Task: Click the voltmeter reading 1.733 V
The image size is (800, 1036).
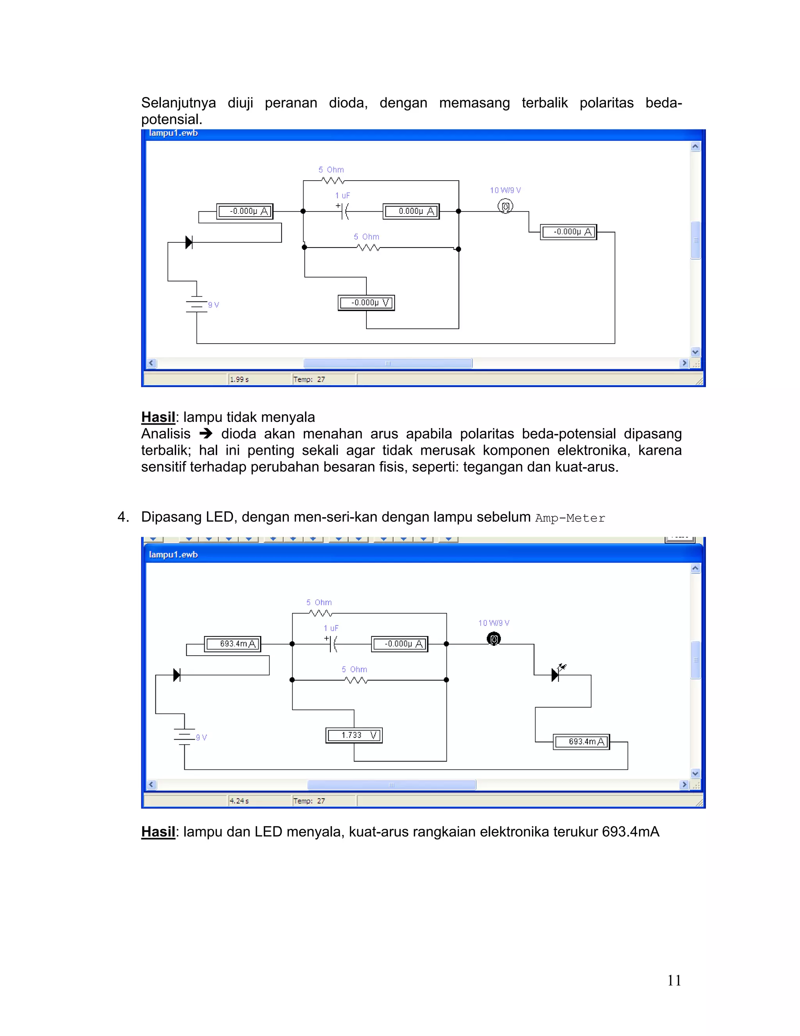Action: coord(354,735)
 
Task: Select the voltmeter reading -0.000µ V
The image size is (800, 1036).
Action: coord(366,303)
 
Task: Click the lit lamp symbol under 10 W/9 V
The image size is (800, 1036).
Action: coord(494,639)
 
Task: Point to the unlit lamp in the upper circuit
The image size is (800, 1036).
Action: coord(505,206)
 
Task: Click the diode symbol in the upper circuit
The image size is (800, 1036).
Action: coord(189,242)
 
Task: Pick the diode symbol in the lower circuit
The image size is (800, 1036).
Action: coord(177,675)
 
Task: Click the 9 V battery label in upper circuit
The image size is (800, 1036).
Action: coord(213,305)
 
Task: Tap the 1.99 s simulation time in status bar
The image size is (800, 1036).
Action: coord(239,380)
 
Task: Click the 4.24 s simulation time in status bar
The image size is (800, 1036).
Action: coord(239,801)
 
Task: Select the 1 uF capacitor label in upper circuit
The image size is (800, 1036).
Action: coord(342,195)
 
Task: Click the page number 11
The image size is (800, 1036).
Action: coord(674,980)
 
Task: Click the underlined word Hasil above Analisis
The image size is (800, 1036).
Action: coord(158,417)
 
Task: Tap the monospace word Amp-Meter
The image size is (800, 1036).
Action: coord(570,518)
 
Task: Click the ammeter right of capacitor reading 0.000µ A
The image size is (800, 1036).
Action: coord(411,211)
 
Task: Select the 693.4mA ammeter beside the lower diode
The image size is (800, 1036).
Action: coord(233,644)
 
